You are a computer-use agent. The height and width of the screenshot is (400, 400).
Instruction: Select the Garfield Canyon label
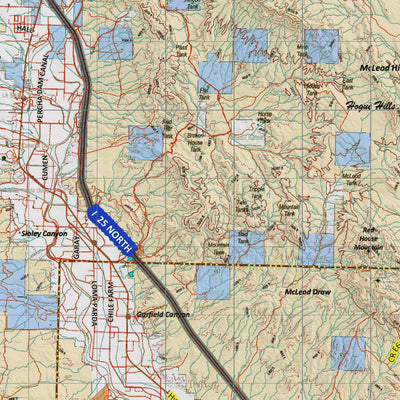coord(164,314)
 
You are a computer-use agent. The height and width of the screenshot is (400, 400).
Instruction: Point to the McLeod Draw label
coord(307,292)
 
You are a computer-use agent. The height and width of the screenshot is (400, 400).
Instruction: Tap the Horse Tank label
coord(264,117)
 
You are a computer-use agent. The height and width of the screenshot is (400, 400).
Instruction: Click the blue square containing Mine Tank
coord(321,46)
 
